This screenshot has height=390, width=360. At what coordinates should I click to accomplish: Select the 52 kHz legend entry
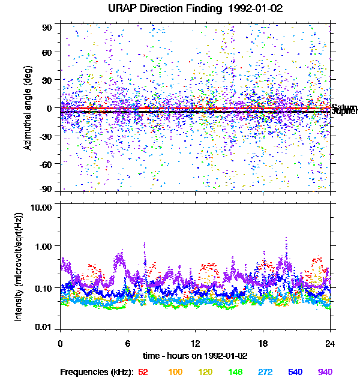click(x=143, y=372)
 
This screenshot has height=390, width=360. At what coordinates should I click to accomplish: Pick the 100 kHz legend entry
click(x=175, y=372)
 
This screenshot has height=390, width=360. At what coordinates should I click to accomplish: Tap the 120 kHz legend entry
click(x=206, y=372)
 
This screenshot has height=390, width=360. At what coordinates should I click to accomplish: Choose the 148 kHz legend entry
click(x=236, y=372)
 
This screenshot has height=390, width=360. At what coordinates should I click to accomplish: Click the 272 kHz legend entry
click(x=265, y=372)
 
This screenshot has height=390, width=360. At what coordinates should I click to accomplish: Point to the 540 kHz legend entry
click(x=295, y=372)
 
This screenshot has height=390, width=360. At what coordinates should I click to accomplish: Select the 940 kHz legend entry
click(x=325, y=372)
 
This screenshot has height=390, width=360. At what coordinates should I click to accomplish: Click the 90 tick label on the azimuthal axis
click(x=47, y=27)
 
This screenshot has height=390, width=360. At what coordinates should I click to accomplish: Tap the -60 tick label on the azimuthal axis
click(x=44, y=164)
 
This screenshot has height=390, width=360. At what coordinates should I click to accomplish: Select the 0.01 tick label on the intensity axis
click(x=43, y=327)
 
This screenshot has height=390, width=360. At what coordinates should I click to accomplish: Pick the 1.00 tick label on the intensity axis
click(x=43, y=246)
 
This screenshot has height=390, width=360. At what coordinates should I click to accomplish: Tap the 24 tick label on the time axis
click(x=330, y=343)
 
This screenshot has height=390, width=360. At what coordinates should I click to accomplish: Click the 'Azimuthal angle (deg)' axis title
click(x=28, y=108)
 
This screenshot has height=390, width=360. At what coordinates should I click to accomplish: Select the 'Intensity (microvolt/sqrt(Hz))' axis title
click(x=19, y=266)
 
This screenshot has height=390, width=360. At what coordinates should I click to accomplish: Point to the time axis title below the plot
click(x=195, y=355)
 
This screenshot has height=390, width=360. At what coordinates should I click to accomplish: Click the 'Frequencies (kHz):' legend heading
click(x=97, y=372)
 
